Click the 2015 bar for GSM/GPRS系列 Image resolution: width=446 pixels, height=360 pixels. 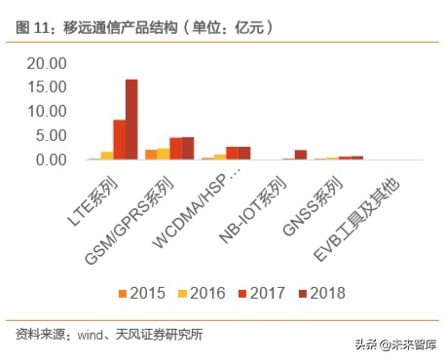point(150,154)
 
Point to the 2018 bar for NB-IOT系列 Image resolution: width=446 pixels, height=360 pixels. point(300,154)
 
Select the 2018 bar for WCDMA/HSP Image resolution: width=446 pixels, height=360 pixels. point(243,153)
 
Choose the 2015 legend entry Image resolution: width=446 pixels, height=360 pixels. point(142,291)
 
